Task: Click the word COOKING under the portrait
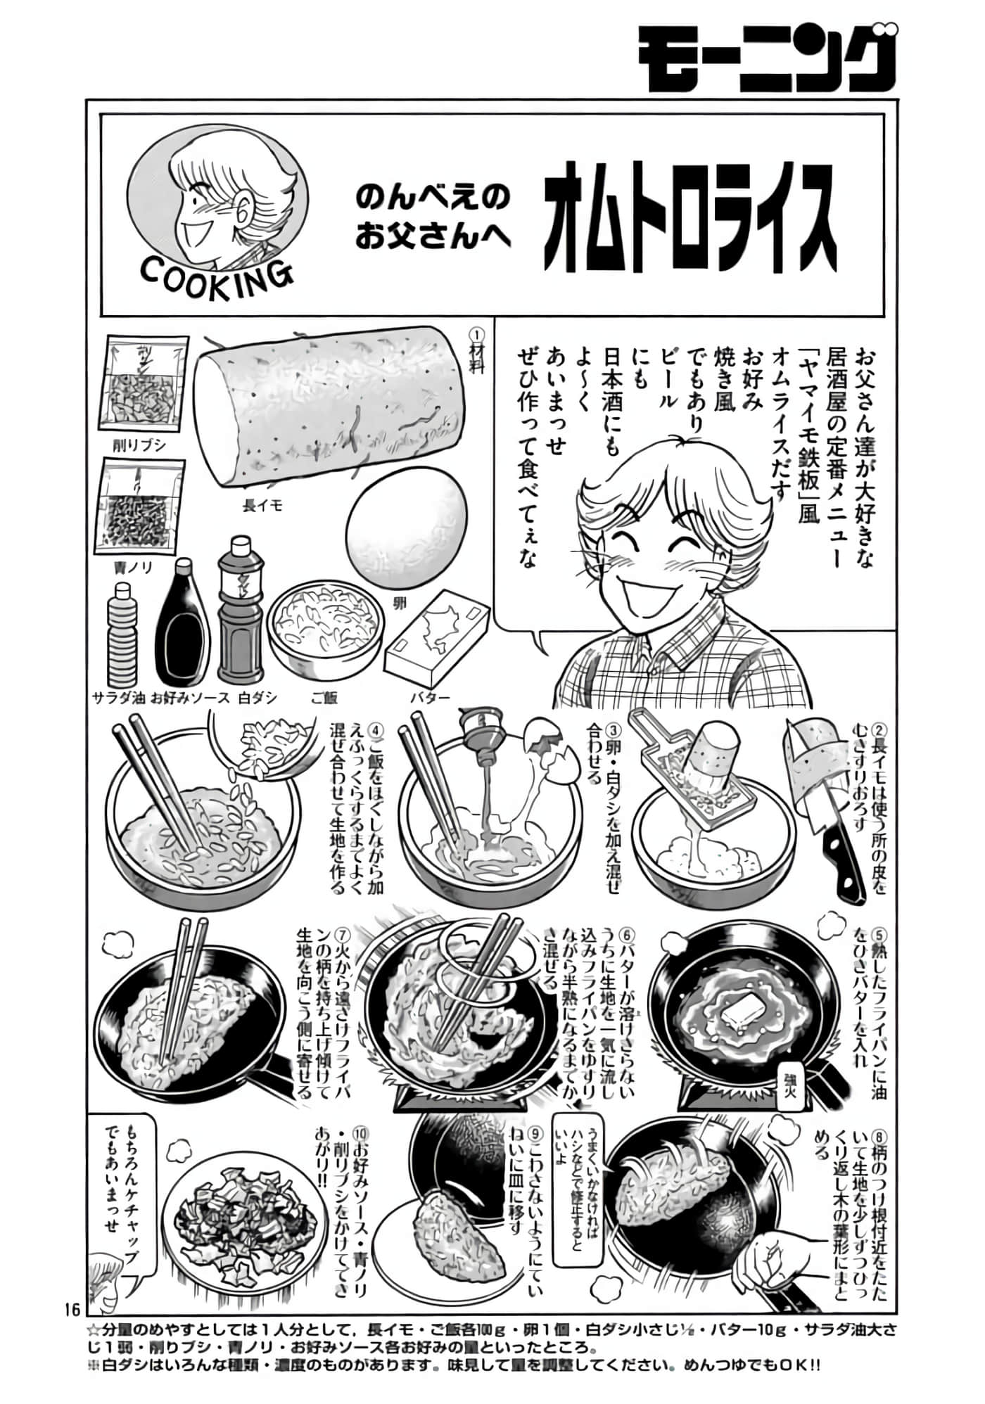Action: point(216,277)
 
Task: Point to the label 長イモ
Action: point(262,506)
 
